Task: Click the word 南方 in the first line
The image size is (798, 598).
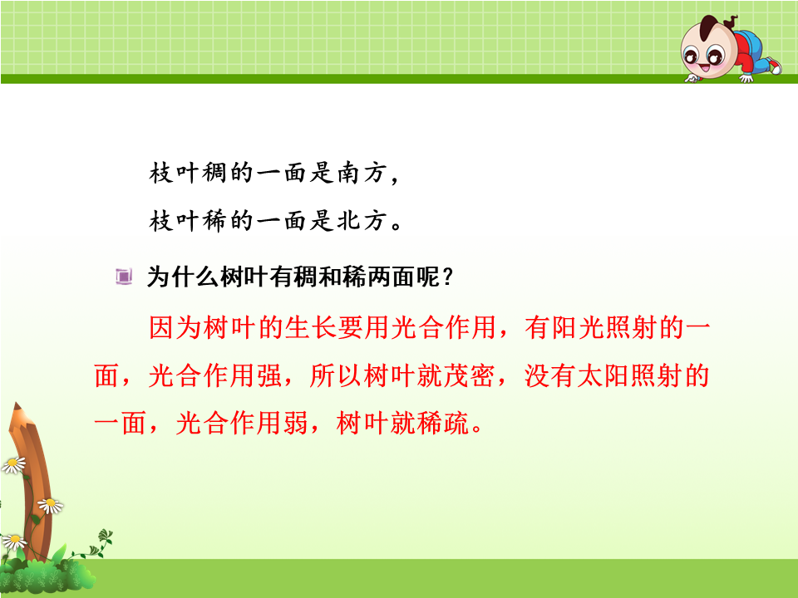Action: (361, 173)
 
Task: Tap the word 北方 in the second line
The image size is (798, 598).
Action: (361, 221)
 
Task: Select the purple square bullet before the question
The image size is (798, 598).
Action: (124, 277)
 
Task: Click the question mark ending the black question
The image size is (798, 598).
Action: (448, 277)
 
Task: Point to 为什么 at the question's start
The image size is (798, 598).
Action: (183, 277)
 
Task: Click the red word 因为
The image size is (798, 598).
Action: (175, 327)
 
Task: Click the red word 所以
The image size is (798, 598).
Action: (336, 376)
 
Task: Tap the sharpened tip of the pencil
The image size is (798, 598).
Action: (17, 405)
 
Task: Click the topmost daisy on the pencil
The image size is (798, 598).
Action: (14, 465)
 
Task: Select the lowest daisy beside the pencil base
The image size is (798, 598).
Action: (14, 541)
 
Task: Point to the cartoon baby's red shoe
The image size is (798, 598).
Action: (774, 65)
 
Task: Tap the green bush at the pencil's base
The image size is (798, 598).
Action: (48, 576)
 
